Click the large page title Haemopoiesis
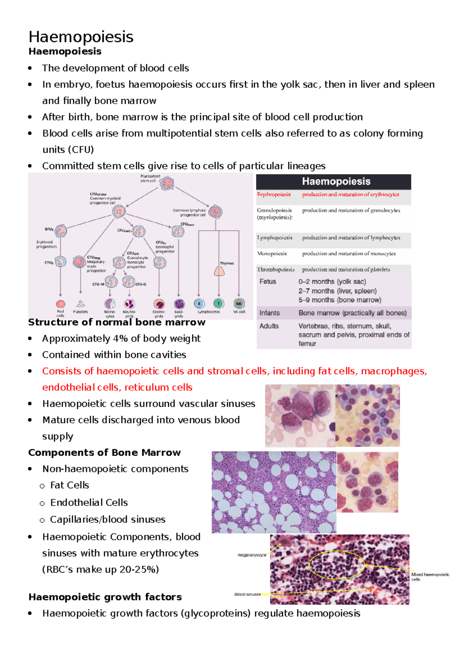(x=81, y=37)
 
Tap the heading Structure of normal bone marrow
(x=116, y=322)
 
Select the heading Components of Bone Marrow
(x=104, y=452)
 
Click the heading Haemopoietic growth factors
(x=105, y=597)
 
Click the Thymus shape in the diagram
(x=219, y=271)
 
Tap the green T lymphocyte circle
(x=219, y=304)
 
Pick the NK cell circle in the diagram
(x=239, y=304)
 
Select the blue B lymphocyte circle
(x=199, y=304)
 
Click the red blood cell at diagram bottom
(x=61, y=304)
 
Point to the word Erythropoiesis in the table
(x=274, y=194)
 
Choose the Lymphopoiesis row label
(x=275, y=238)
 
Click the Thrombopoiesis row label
(x=276, y=269)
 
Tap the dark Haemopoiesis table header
(x=334, y=181)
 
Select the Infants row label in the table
(x=270, y=313)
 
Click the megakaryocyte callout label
(x=252, y=555)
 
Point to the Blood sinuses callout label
(x=247, y=594)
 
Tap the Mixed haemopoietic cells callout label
(x=430, y=577)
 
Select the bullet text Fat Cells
(x=70, y=485)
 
